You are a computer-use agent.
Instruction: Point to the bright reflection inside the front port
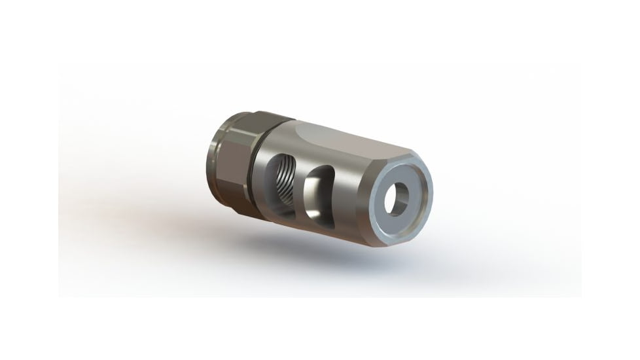coord(313,193)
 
